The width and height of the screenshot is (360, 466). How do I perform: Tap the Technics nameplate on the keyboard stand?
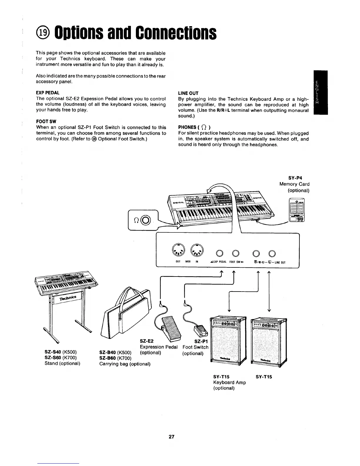tap(68, 298)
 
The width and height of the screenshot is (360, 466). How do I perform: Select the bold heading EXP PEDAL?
tap(48, 93)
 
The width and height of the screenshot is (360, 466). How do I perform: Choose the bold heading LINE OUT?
tap(188, 93)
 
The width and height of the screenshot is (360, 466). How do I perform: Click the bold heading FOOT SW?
tap(46, 122)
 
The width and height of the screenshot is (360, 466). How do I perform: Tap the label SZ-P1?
tap(201, 341)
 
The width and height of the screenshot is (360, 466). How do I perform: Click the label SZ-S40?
tap(53, 352)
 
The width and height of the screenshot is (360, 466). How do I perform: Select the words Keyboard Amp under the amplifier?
tap(229, 382)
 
